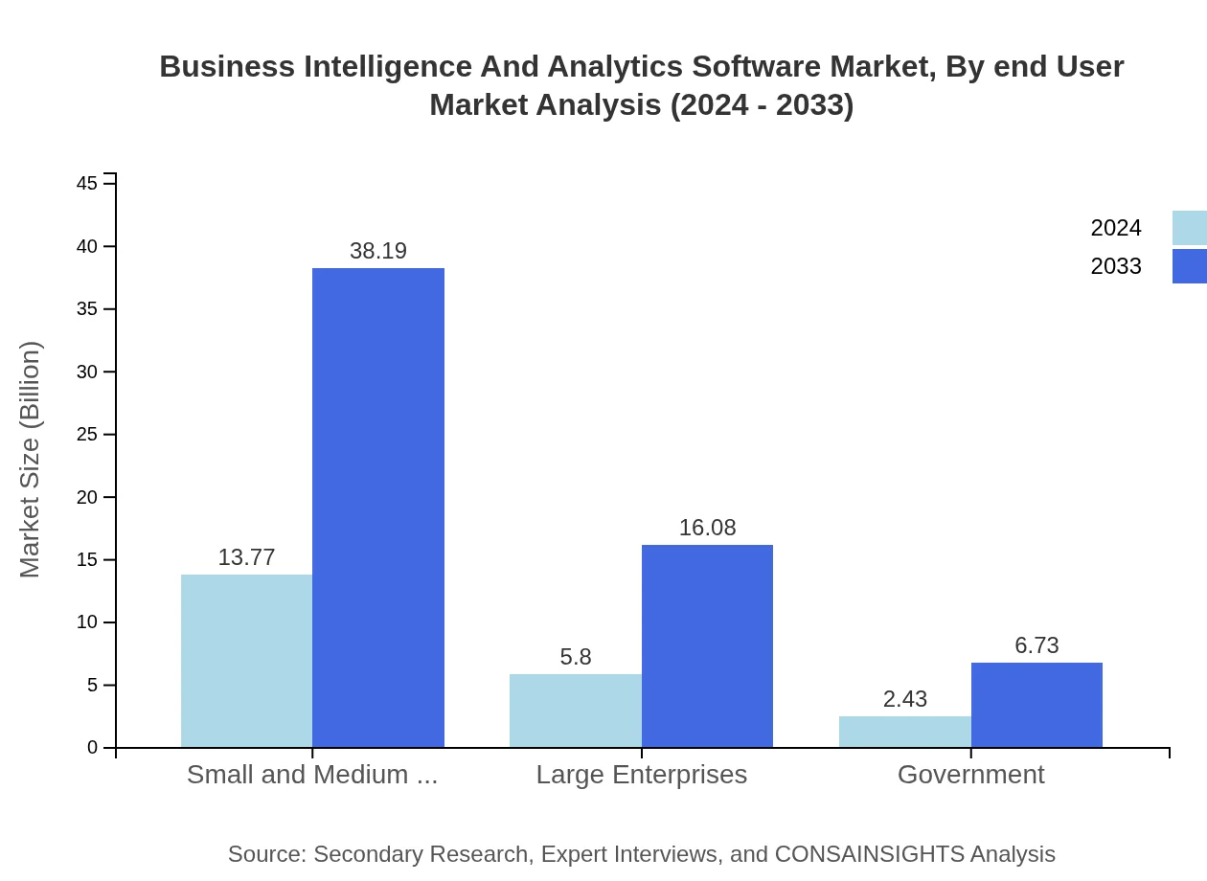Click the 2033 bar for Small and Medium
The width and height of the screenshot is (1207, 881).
pyautogui.click(x=378, y=508)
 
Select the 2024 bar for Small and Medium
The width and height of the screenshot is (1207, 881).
pyautogui.click(x=246, y=661)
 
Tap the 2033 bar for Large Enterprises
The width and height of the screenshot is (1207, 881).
pyautogui.click(x=707, y=646)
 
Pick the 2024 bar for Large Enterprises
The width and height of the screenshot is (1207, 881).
pyautogui.click(x=575, y=711)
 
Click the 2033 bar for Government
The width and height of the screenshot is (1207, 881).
pyautogui.click(x=1036, y=705)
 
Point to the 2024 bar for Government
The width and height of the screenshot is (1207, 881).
pyautogui.click(x=904, y=732)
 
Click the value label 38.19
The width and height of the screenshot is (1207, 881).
pyautogui.click(x=378, y=251)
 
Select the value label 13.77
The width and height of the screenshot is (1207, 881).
pyautogui.click(x=246, y=557)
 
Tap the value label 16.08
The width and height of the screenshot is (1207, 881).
pyautogui.click(x=707, y=528)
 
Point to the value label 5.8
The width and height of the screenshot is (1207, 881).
pyautogui.click(x=576, y=657)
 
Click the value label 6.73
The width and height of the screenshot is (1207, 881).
pyautogui.click(x=1036, y=645)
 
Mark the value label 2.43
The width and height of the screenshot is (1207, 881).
pyautogui.click(x=904, y=699)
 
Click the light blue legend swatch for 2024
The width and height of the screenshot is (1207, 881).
pyautogui.click(x=1189, y=228)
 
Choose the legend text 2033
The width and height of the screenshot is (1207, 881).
pyautogui.click(x=1116, y=266)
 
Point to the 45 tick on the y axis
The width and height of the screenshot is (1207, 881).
pyautogui.click(x=87, y=183)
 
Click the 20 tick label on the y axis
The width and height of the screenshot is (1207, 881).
pyautogui.click(x=87, y=497)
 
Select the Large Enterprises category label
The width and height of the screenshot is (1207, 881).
pyautogui.click(x=641, y=774)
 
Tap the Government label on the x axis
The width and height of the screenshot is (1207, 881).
pyautogui.click(x=970, y=774)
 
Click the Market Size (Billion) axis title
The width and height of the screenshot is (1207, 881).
pyautogui.click(x=30, y=460)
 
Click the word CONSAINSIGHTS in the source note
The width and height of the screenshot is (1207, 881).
pyautogui.click(x=869, y=853)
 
